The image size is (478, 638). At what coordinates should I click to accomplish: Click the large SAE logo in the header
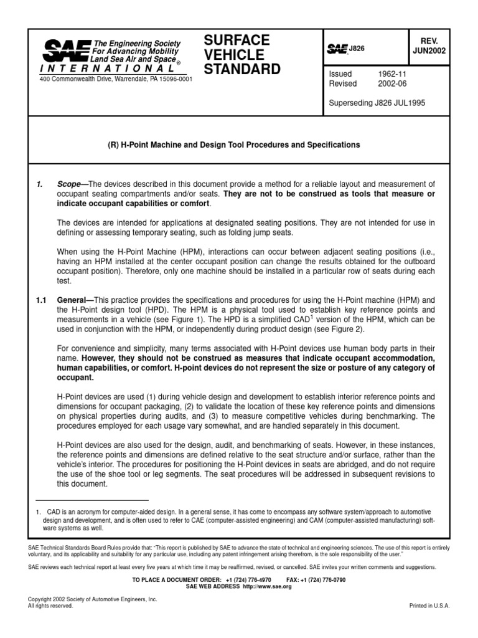63,49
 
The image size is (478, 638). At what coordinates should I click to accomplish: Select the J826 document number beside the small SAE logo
357,47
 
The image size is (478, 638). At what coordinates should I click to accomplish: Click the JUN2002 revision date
428,52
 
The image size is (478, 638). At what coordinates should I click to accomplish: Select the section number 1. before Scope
39,184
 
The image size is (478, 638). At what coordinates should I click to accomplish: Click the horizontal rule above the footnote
92,500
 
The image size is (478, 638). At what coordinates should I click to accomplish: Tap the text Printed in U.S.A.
429,606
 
